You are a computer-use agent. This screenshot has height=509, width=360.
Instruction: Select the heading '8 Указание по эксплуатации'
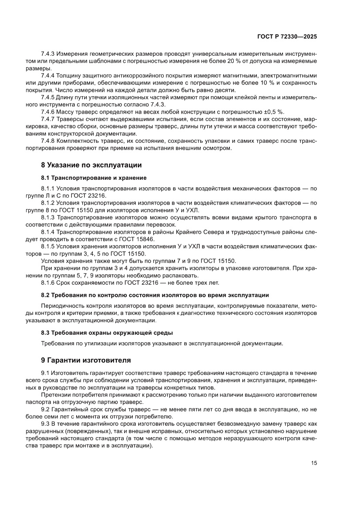tap(91, 165)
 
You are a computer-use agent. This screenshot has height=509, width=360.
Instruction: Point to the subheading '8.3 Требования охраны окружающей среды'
tap(107, 333)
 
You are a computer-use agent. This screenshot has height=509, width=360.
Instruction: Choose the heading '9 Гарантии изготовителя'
tap(86, 360)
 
